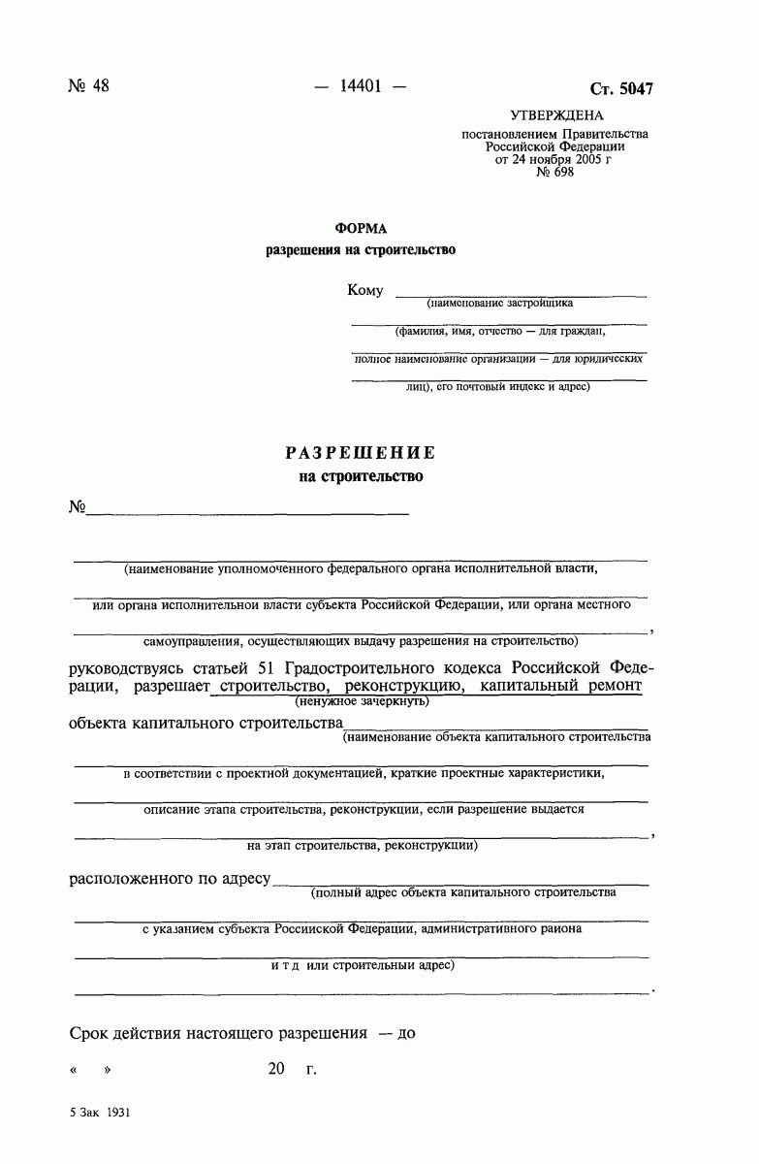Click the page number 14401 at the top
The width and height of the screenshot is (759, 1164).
[361, 86]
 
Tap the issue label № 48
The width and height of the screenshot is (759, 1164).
[88, 86]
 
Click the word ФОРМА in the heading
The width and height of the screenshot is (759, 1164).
[361, 228]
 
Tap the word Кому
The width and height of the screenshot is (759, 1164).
[365, 291]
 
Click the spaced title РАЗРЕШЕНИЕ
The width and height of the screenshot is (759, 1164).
[361, 453]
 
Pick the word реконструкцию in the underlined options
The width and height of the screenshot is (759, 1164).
[398, 687]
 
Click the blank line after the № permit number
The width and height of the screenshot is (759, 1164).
[248, 509]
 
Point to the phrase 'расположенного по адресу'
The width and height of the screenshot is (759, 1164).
[170, 880]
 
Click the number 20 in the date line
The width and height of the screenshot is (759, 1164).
[277, 1070]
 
